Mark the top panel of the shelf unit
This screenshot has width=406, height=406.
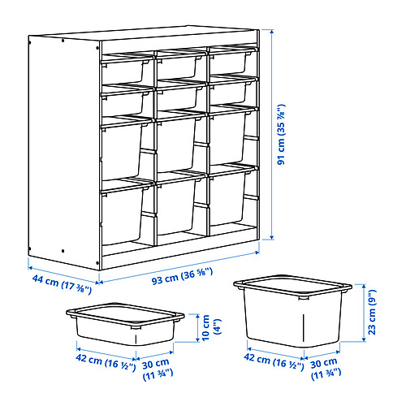tap(146, 41)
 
